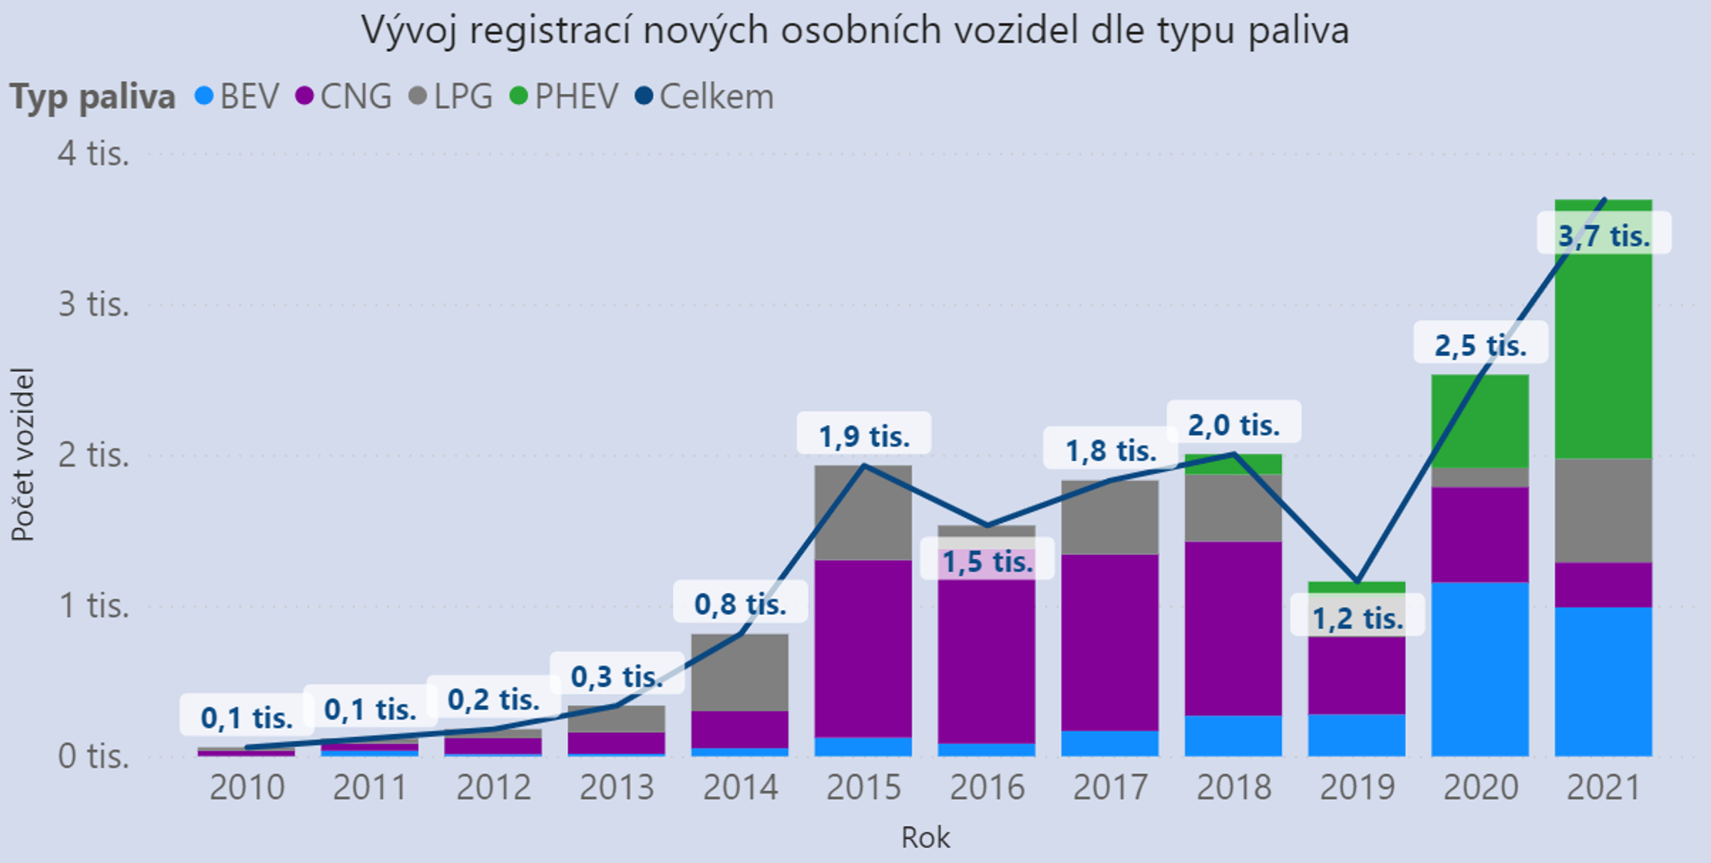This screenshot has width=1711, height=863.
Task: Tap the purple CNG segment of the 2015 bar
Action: tap(863, 648)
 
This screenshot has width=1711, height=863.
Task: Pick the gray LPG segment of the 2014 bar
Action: tap(740, 671)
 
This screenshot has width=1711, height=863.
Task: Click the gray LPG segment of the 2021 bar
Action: tap(1603, 510)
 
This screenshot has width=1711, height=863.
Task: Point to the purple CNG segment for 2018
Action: tap(1233, 628)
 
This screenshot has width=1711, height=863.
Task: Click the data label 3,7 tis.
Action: tap(1603, 235)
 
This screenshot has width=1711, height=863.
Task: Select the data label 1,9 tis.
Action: tap(864, 436)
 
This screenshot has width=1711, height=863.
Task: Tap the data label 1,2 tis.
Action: tap(1357, 618)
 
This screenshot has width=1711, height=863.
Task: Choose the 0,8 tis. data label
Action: tap(740, 604)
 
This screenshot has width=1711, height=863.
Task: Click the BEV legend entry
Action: tap(237, 96)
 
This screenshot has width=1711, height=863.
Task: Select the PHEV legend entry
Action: tap(565, 96)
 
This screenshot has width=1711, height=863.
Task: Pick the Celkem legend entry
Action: tap(704, 96)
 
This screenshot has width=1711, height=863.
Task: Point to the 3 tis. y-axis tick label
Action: tap(94, 304)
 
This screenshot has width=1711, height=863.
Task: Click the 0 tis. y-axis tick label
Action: tap(94, 756)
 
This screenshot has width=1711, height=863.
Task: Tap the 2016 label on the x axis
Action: tap(987, 787)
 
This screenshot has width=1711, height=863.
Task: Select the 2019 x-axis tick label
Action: tap(1357, 787)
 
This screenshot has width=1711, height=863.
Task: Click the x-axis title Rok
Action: tap(925, 837)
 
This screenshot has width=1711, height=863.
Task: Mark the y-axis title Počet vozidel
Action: tap(23, 455)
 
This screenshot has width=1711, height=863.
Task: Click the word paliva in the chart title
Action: tap(1298, 31)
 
